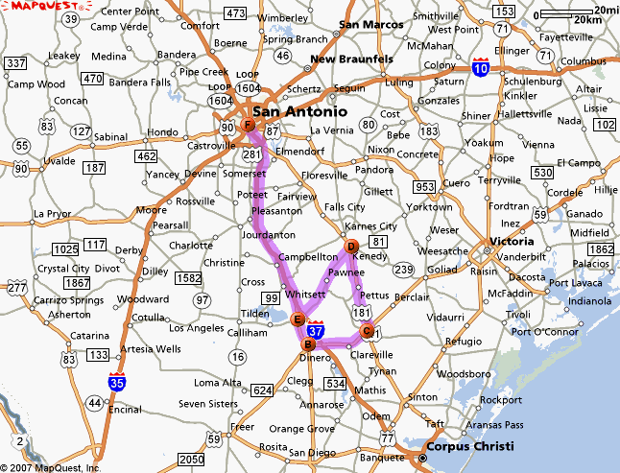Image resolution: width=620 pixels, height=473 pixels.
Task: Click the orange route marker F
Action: click(x=248, y=126)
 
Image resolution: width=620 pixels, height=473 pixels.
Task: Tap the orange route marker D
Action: click(x=351, y=247)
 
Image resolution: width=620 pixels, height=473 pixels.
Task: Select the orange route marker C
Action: click(x=366, y=332)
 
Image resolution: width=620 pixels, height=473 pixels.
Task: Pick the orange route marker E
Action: click(x=298, y=319)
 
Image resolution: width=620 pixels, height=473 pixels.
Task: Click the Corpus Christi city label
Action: click(x=471, y=446)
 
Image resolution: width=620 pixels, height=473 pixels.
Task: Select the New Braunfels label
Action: click(x=351, y=59)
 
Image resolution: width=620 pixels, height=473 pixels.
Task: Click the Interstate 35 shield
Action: click(x=117, y=383)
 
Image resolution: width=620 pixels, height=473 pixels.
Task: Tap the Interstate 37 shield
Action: click(x=317, y=330)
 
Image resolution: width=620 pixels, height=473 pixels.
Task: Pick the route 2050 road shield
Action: click(x=192, y=460)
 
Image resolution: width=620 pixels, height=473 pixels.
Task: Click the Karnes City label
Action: click(x=371, y=226)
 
